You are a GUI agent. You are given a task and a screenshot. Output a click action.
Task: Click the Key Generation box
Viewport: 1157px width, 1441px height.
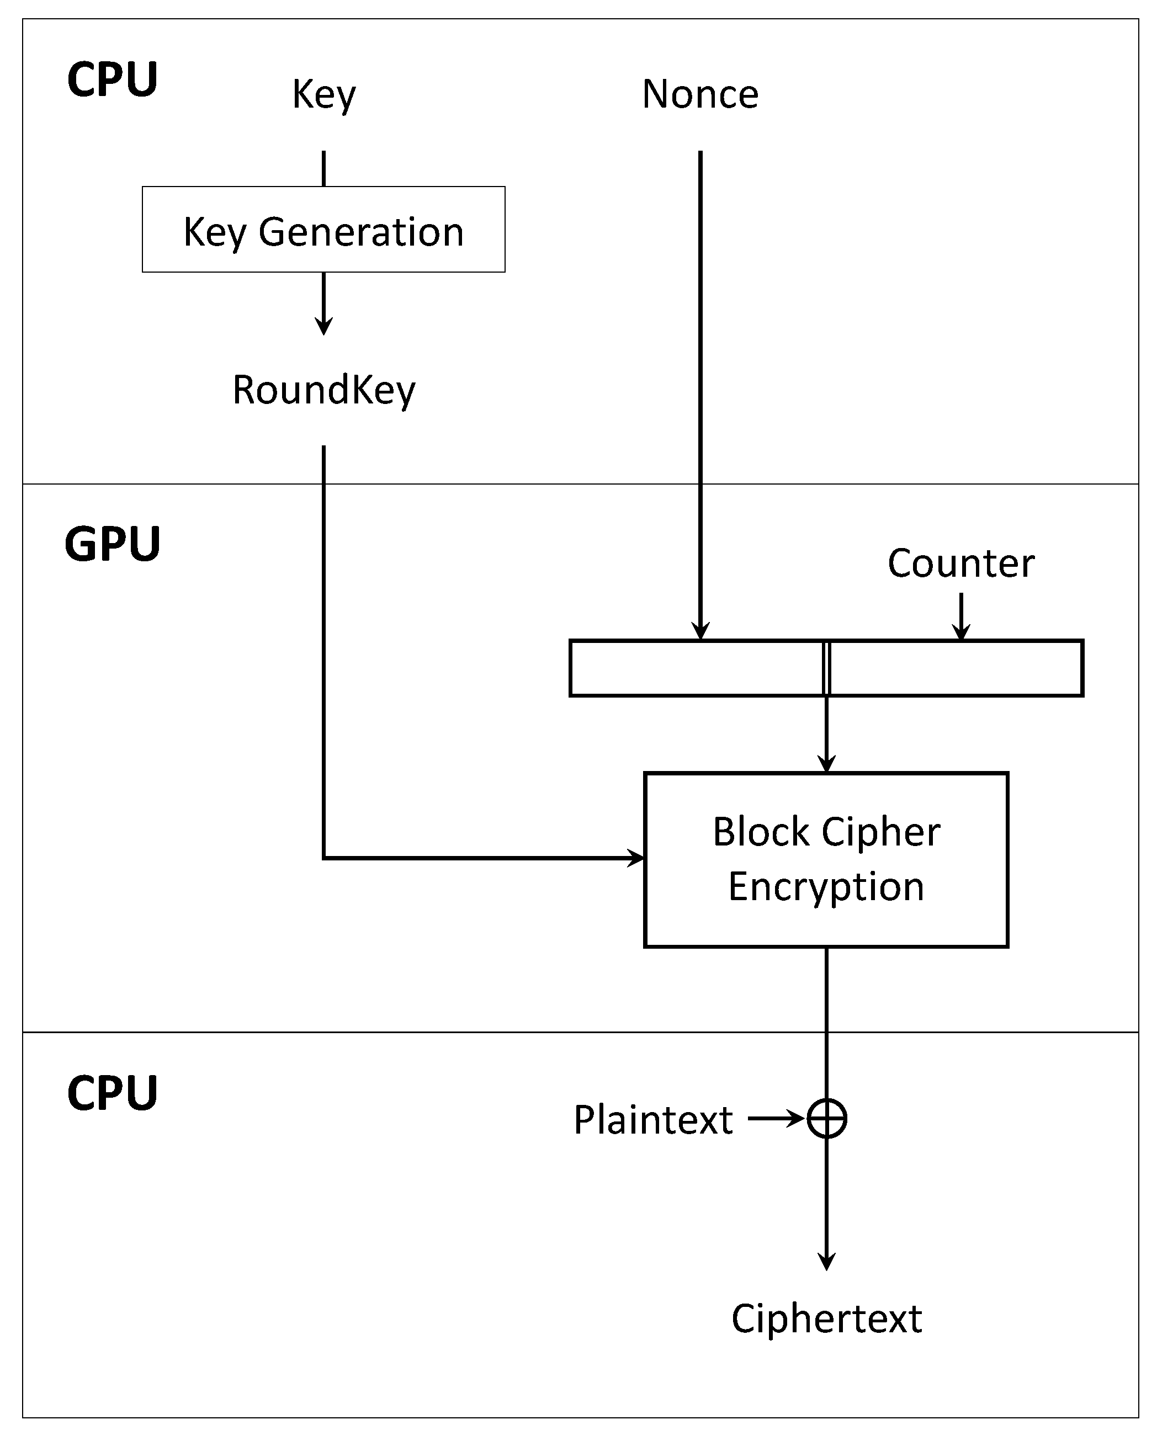pos(323,229)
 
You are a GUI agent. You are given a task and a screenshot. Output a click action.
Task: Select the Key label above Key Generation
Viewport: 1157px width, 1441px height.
pos(323,95)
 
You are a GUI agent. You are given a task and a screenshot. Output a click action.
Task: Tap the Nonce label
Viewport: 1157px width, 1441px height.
pos(700,94)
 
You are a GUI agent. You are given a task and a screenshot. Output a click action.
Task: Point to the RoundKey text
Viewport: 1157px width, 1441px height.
pos(323,390)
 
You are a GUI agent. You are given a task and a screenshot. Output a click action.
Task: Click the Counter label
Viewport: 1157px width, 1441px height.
pos(960,563)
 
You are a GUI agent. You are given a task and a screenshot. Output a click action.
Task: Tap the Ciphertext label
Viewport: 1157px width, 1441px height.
pos(826,1318)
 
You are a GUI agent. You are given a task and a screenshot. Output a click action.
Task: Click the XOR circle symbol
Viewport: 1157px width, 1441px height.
pos(827,1118)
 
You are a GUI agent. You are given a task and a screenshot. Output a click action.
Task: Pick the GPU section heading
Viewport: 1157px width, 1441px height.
pos(112,544)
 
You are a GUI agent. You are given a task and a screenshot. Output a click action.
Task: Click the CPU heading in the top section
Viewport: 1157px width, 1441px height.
pos(112,80)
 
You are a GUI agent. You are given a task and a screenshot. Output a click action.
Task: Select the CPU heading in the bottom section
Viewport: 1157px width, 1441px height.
pos(112,1094)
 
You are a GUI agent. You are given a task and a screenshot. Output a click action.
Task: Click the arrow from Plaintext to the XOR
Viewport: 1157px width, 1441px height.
pos(776,1118)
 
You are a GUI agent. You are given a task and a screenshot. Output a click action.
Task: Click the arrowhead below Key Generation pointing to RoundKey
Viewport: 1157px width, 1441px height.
pos(323,327)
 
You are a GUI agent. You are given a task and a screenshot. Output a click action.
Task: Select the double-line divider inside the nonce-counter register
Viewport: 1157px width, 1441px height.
pos(827,668)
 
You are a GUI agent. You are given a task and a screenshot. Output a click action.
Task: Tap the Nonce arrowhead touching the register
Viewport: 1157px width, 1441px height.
pos(700,631)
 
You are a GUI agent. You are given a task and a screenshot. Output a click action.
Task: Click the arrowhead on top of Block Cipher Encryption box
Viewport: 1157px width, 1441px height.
pos(827,764)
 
